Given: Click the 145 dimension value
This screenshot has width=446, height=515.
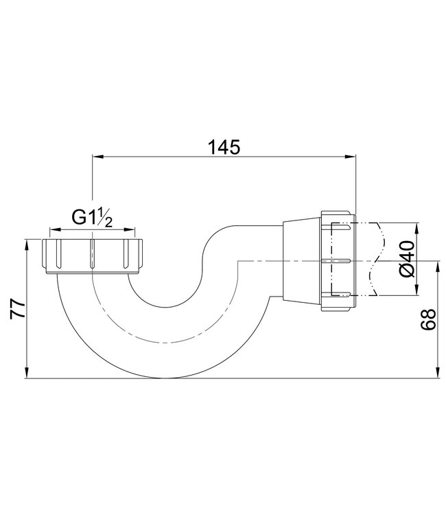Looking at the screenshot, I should click(x=224, y=146).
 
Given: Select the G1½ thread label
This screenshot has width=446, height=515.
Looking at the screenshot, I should click(x=92, y=218).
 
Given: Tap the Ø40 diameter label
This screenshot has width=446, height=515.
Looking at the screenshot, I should click(x=405, y=260).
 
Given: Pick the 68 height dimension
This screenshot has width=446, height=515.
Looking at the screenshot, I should click(x=431, y=319).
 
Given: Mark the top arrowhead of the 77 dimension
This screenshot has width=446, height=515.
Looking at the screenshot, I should click(x=26, y=242).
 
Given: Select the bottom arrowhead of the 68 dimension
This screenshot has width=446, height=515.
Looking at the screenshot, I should click(x=438, y=374).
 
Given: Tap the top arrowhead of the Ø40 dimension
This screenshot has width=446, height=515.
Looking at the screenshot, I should click(x=416, y=227).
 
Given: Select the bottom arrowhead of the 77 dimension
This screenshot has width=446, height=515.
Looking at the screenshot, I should click(x=26, y=374).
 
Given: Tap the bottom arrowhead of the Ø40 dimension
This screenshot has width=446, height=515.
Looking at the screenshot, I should click(x=416, y=293).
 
